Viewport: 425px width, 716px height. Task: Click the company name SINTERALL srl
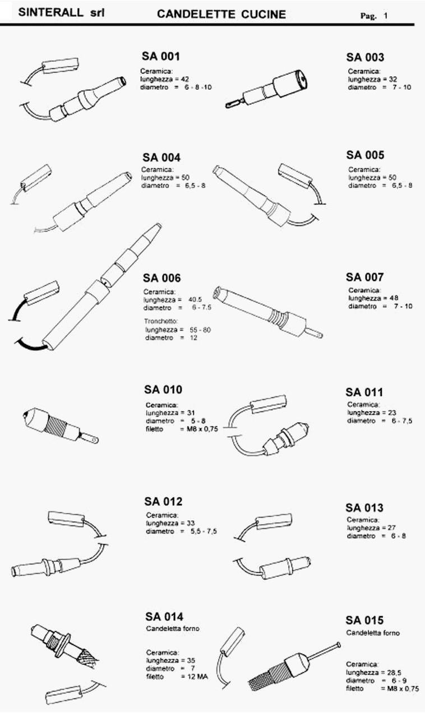(x=61, y=13)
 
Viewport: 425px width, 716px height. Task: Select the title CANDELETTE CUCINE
(x=221, y=15)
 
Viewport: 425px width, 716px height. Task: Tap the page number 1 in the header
(x=386, y=16)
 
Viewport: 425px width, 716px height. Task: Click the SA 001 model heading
(x=161, y=56)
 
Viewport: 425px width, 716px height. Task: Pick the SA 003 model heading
(x=365, y=57)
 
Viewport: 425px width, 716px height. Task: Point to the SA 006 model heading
(x=161, y=278)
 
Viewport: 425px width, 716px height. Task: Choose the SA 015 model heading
(x=364, y=621)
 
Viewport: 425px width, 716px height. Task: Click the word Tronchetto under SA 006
(x=161, y=321)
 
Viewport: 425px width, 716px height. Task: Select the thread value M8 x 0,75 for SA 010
(x=202, y=429)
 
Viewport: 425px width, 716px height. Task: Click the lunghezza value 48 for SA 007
(x=394, y=298)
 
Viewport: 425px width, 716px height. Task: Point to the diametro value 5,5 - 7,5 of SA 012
(x=204, y=531)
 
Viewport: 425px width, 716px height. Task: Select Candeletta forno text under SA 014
(x=173, y=629)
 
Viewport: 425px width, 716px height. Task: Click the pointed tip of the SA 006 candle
(x=158, y=226)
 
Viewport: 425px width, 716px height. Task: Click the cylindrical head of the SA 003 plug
(x=291, y=83)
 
